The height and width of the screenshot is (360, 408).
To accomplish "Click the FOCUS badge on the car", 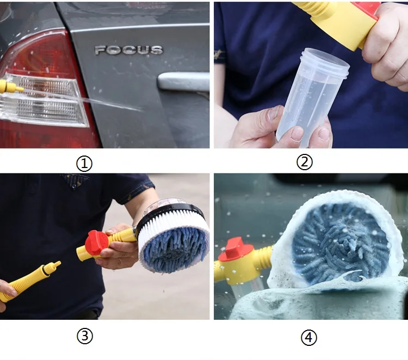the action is pos(129,50).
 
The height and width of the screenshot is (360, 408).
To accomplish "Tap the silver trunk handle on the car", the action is pos(183,82).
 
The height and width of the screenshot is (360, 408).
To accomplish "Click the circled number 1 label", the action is pos(84,164).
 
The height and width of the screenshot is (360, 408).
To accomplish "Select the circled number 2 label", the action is pos(305,162).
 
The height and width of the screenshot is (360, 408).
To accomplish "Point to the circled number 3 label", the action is pos(84,336).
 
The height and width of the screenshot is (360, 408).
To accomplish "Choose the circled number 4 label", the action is pos(309,338).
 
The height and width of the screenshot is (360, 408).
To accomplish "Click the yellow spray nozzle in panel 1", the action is pos(10,87).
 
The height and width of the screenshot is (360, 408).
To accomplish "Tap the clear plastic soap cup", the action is pos(312,96).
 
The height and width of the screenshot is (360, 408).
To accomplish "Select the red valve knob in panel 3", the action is pos(96,243).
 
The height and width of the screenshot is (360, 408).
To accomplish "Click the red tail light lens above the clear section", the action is pos(39,56).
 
